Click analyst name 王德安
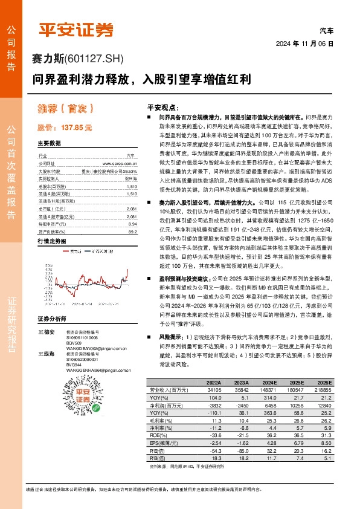point(46,332)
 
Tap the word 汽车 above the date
point(326,30)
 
